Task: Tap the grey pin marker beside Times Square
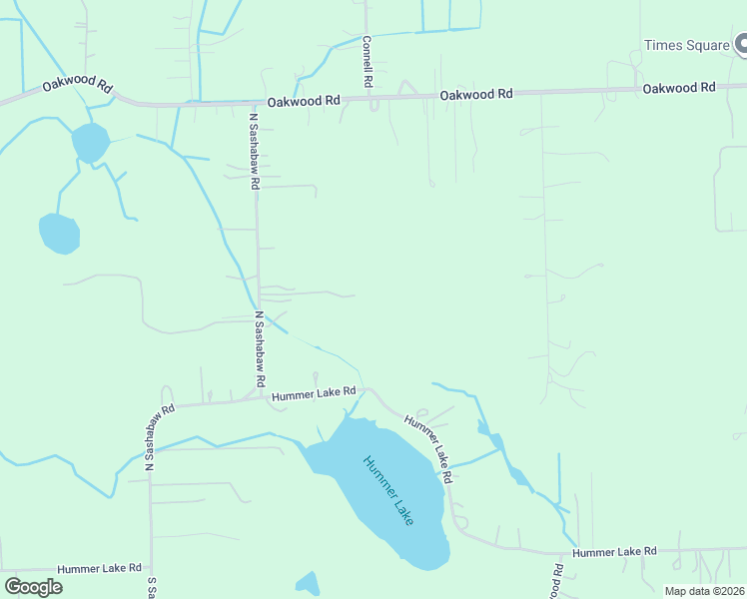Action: (742, 44)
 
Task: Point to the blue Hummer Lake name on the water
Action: (388, 492)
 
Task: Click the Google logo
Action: (33, 586)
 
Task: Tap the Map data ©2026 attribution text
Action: (703, 591)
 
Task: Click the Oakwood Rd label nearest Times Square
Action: (679, 88)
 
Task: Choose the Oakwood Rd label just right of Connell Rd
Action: (476, 94)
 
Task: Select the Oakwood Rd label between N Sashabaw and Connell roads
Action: (304, 101)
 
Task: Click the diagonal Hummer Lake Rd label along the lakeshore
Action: (428, 448)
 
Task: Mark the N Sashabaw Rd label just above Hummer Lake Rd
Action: (259, 348)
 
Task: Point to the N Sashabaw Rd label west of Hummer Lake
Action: (160, 436)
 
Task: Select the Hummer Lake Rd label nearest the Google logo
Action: (99, 568)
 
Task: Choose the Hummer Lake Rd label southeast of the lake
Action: (614, 552)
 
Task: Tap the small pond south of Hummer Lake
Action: (308, 584)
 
